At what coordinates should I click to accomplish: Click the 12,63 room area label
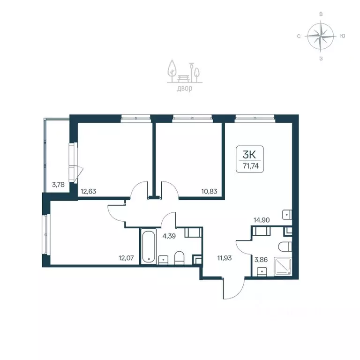(x=89, y=191)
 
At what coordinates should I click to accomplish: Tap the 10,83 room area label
(x=209, y=191)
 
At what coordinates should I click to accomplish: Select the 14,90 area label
(x=262, y=220)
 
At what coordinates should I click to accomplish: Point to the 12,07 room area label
(x=126, y=258)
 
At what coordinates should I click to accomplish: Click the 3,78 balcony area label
(x=58, y=184)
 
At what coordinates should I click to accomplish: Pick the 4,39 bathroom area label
(x=169, y=236)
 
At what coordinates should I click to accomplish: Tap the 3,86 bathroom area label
(x=261, y=260)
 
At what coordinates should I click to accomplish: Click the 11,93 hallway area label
(x=225, y=258)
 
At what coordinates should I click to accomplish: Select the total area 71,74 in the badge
(x=251, y=166)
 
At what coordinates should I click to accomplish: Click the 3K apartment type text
(x=249, y=155)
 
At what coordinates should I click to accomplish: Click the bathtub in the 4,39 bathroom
(x=149, y=247)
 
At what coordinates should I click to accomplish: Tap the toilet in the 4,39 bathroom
(x=180, y=258)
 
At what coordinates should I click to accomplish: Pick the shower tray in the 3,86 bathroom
(x=283, y=266)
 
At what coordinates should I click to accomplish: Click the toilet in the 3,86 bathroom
(x=285, y=247)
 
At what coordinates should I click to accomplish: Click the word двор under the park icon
(x=185, y=89)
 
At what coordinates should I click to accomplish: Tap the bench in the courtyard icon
(x=184, y=78)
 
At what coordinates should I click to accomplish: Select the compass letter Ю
(x=343, y=36)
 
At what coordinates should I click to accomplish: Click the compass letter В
(x=321, y=14)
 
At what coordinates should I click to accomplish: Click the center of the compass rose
(x=321, y=36)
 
